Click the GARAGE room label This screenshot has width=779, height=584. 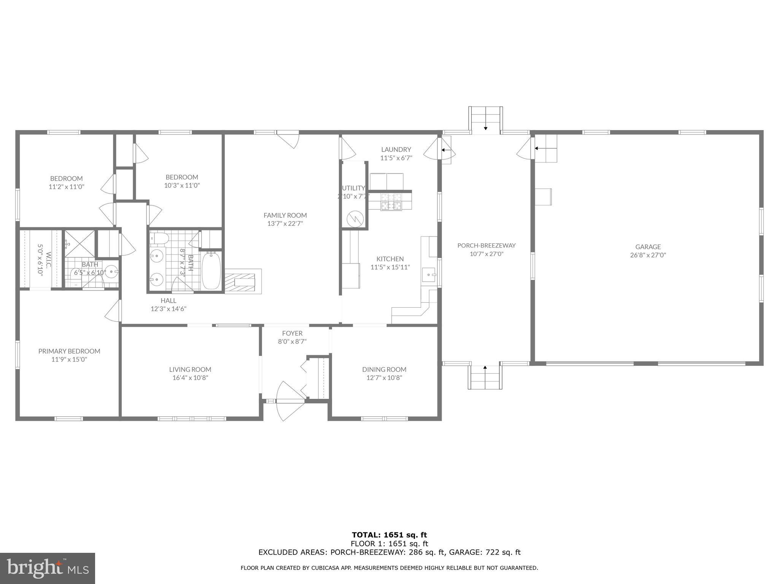click(x=648, y=247)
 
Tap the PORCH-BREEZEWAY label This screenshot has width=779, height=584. click(x=486, y=246)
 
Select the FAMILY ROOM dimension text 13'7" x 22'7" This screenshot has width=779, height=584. click(x=285, y=224)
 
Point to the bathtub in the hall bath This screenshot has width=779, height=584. click(x=211, y=270)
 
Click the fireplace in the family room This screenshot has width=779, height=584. click(x=243, y=281)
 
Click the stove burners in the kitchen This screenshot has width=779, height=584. click(x=391, y=202)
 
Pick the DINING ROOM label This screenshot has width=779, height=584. click(x=384, y=369)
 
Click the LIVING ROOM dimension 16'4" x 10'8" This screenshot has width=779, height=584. click(x=190, y=378)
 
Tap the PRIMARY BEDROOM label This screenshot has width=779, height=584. click(x=69, y=351)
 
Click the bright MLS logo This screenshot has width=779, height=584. click(x=48, y=568)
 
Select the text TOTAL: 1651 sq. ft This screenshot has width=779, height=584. click(x=389, y=535)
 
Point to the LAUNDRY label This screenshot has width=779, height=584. click(x=396, y=149)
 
